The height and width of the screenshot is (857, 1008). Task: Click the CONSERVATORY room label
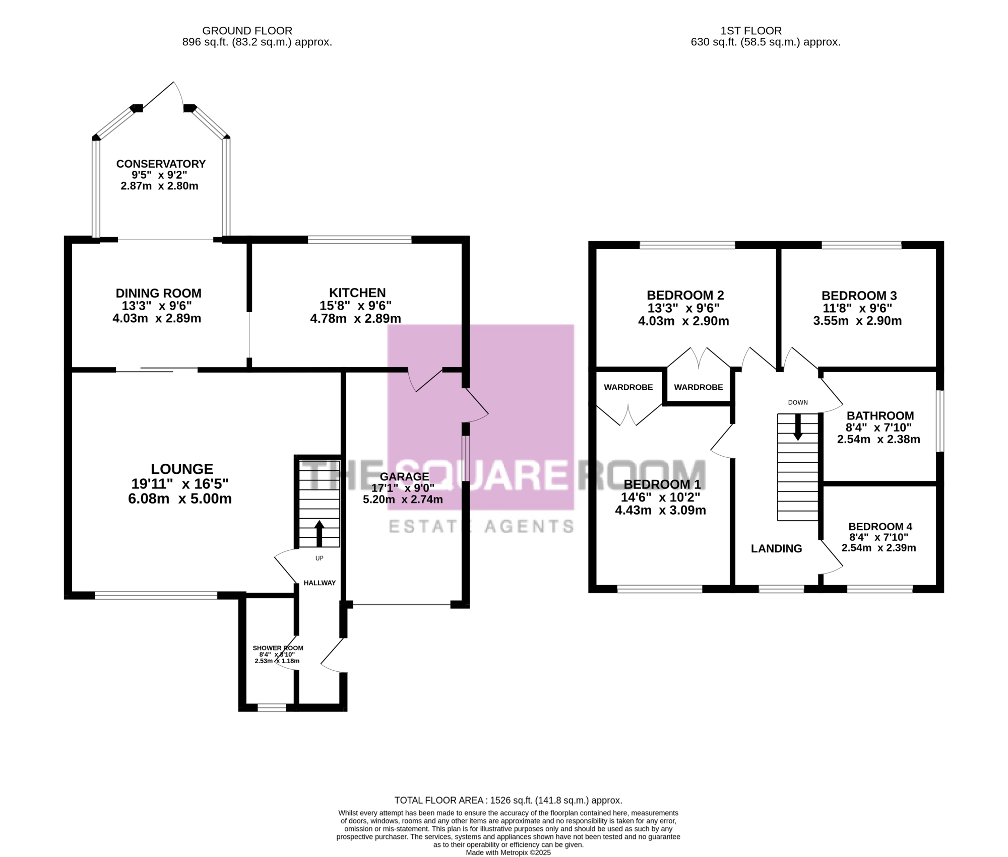point(161,164)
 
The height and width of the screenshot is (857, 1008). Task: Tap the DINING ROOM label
point(158,293)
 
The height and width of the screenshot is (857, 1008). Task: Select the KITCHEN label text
point(357,293)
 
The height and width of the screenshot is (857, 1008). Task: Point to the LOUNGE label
point(182,469)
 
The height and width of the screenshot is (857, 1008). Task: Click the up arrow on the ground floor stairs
point(319,533)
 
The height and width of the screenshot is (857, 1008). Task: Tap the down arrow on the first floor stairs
point(797,427)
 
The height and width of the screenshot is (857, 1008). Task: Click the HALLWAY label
point(320,583)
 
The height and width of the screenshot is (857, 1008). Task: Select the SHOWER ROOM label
point(278,648)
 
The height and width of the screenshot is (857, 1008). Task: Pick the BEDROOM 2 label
point(685,295)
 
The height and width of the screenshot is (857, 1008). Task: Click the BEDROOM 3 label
point(859,296)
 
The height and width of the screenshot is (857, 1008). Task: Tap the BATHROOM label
point(880,415)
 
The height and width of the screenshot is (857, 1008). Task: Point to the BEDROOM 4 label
point(880,527)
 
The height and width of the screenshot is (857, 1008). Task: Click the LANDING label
point(776,548)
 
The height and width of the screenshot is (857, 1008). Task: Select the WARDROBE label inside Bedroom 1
point(628,387)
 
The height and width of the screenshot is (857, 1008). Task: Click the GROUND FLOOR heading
point(247,31)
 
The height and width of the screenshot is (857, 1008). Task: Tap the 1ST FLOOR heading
point(751,31)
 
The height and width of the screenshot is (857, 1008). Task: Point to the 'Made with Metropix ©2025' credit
point(508,852)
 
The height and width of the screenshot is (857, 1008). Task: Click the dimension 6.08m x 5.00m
point(180,498)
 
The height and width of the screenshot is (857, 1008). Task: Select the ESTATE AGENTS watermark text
point(481,527)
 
